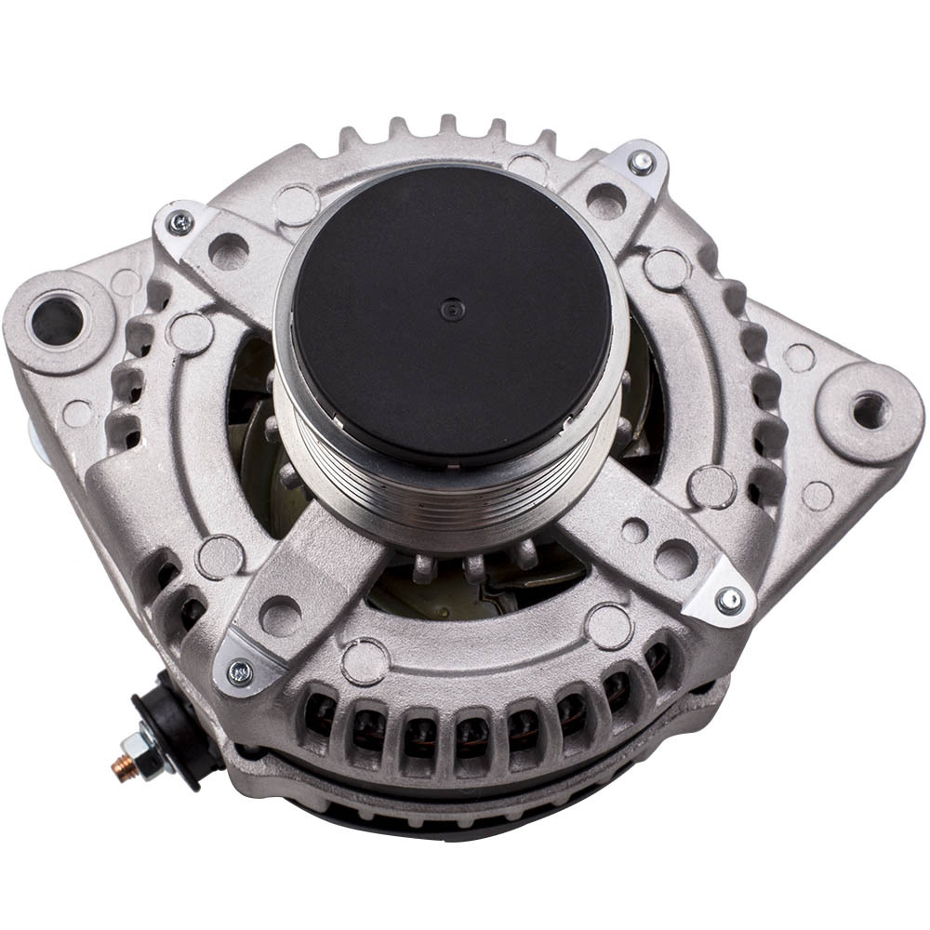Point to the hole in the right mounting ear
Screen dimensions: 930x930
click(x=870, y=409)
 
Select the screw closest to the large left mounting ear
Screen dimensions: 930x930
click(x=180, y=222)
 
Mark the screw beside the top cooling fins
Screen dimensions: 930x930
click(x=641, y=163)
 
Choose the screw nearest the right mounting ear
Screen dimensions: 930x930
click(x=731, y=600)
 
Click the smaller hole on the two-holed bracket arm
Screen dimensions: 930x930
click(x=634, y=530)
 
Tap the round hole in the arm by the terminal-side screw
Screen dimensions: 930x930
click(x=280, y=615)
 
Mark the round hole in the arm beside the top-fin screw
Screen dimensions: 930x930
click(x=605, y=199)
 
